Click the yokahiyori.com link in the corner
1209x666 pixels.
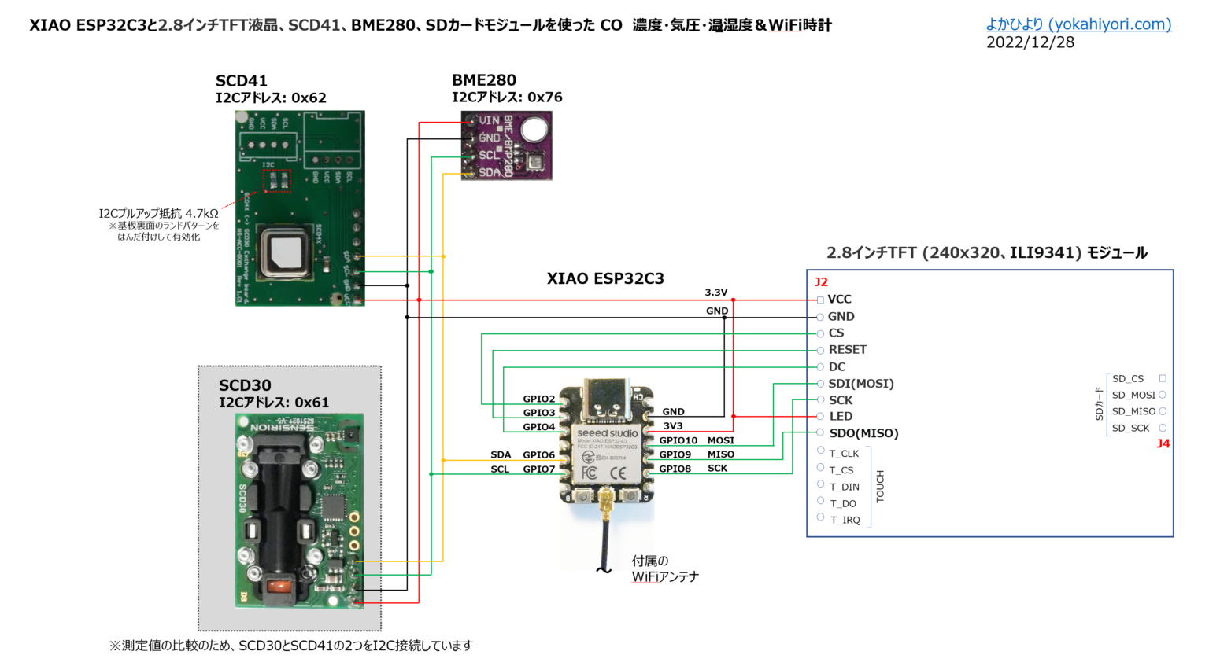tap(1078, 24)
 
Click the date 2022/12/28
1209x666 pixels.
tap(1030, 42)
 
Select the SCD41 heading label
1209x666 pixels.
tap(242, 81)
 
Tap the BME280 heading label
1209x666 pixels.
tap(484, 80)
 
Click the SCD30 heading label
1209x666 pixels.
tap(245, 385)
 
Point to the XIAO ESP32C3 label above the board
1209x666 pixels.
tap(605, 278)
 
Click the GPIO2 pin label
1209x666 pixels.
tap(539, 399)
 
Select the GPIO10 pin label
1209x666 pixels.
tap(678, 440)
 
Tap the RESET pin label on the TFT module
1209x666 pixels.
tap(847, 350)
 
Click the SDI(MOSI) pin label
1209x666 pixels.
tap(860, 384)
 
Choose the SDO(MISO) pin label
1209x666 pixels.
tap(863, 433)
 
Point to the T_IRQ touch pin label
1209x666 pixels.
tap(845, 520)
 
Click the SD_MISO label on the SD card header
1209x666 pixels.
tap(1133, 411)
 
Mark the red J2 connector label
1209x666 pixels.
tap(821, 282)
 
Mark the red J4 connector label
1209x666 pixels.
tap(1163, 443)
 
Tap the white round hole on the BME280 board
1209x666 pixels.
tap(534, 128)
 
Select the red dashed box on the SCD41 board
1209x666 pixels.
tap(275, 181)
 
